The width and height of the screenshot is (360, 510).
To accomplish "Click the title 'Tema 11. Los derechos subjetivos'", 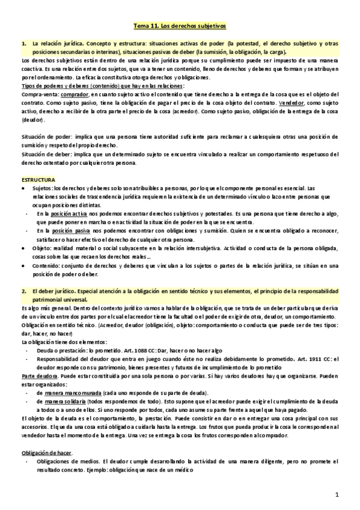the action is [180, 27].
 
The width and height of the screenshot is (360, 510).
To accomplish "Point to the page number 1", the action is [338, 494].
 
